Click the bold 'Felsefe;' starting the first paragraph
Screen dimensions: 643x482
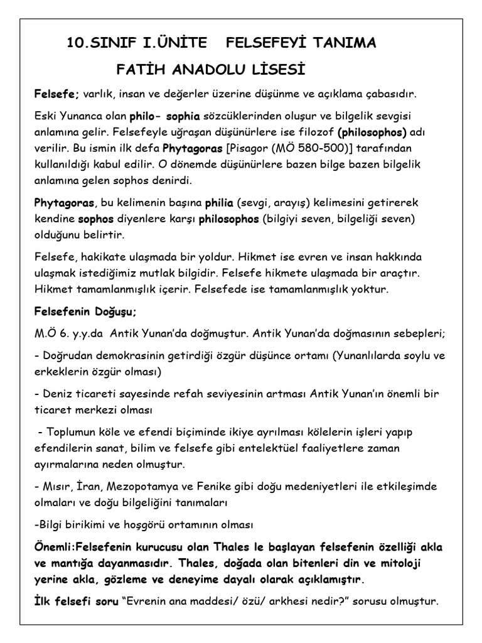point(56,94)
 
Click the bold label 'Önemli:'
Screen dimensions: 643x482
point(55,546)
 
